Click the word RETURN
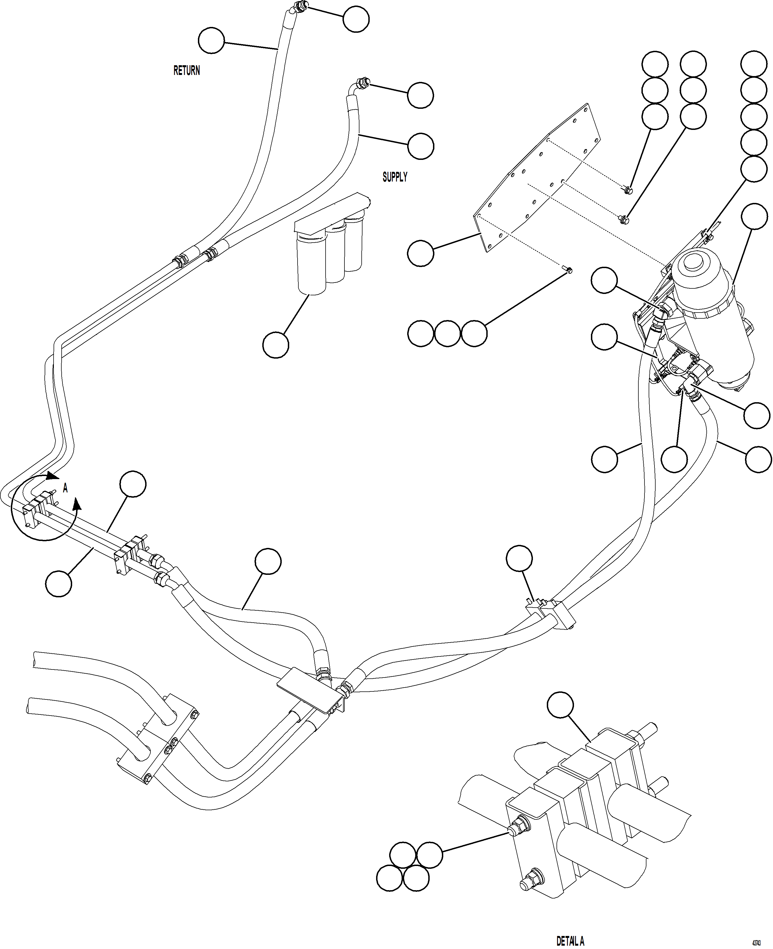pos(187,70)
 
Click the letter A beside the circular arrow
pos(65,488)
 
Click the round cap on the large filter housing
pos(693,264)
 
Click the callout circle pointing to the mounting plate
pos(420,253)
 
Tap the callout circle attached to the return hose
pos(211,41)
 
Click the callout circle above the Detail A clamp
pos(560,704)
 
